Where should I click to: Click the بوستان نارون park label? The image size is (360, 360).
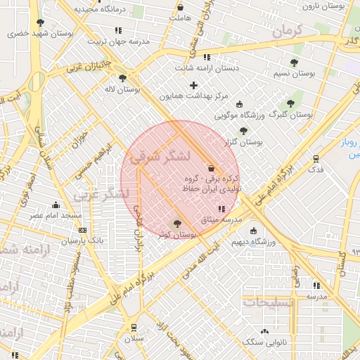(x=325, y=6)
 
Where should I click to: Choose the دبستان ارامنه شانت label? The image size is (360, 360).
(x=207, y=68)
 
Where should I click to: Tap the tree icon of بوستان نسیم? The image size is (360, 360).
(x=294, y=63)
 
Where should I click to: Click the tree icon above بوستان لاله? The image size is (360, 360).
(x=123, y=79)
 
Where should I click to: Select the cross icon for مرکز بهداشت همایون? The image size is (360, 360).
(x=193, y=85)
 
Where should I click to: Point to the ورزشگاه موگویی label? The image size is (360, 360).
(x=238, y=115)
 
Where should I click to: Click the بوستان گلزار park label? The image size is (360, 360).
(x=243, y=142)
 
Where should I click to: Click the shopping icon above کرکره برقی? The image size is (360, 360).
(x=212, y=168)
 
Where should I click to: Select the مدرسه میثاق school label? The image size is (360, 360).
(x=221, y=219)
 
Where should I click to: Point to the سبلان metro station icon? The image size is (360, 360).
(x=134, y=327)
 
